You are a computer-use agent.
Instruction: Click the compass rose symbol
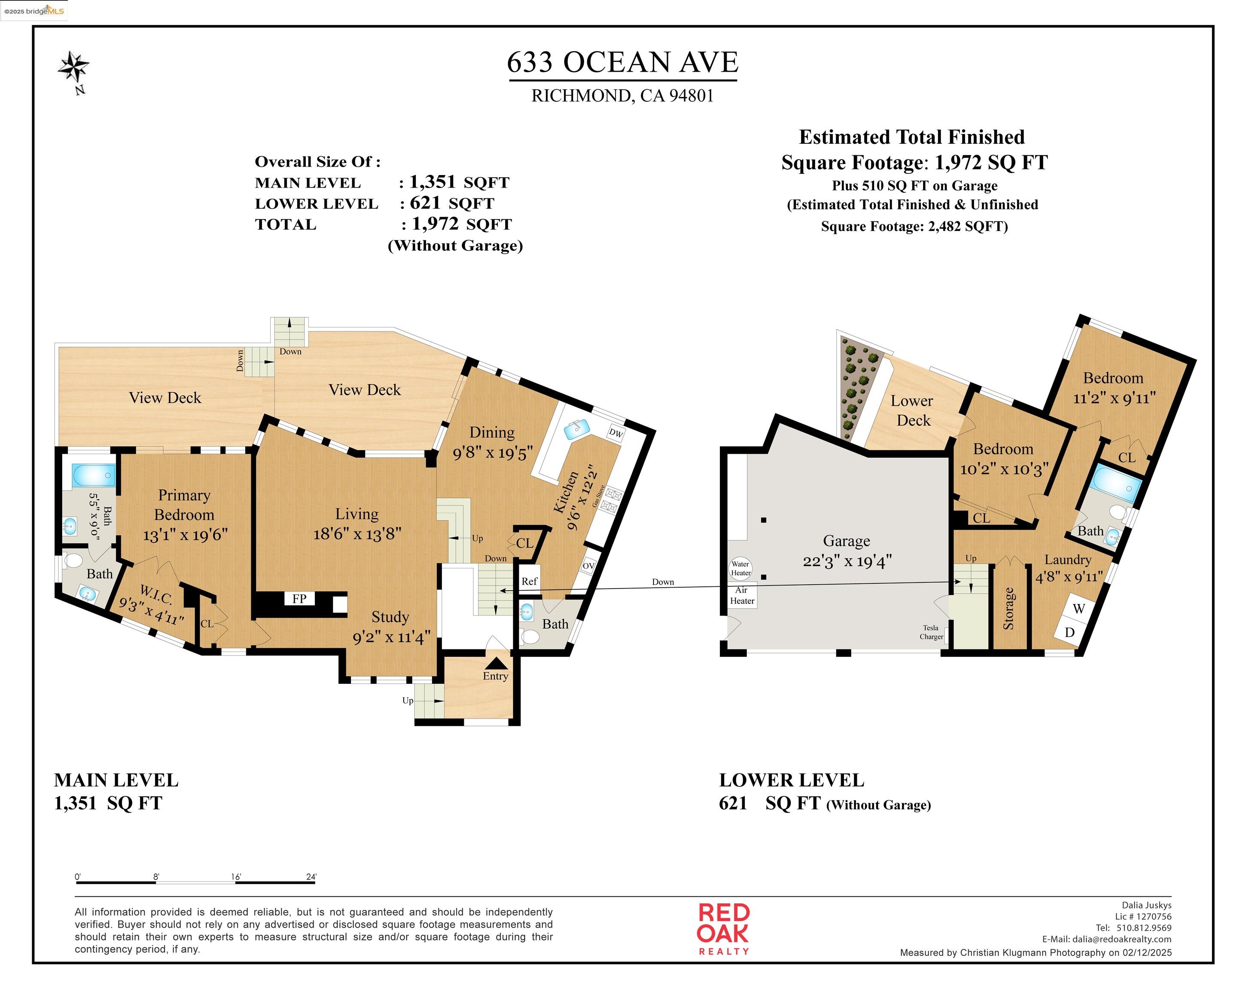(x=73, y=67)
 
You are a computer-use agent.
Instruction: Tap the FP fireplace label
(x=299, y=598)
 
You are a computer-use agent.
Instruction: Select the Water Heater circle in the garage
(x=740, y=568)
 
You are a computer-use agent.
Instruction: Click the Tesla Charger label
(x=931, y=632)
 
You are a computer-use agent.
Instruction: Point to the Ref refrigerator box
(x=529, y=581)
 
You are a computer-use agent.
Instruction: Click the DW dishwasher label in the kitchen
(x=616, y=433)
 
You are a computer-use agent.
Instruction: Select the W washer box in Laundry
(x=1078, y=609)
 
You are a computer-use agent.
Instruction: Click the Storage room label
(x=1008, y=608)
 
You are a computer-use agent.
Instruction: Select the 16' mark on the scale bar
(x=236, y=877)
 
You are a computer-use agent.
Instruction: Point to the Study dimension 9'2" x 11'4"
(x=391, y=637)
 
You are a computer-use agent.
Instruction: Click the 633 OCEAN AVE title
(x=622, y=62)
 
